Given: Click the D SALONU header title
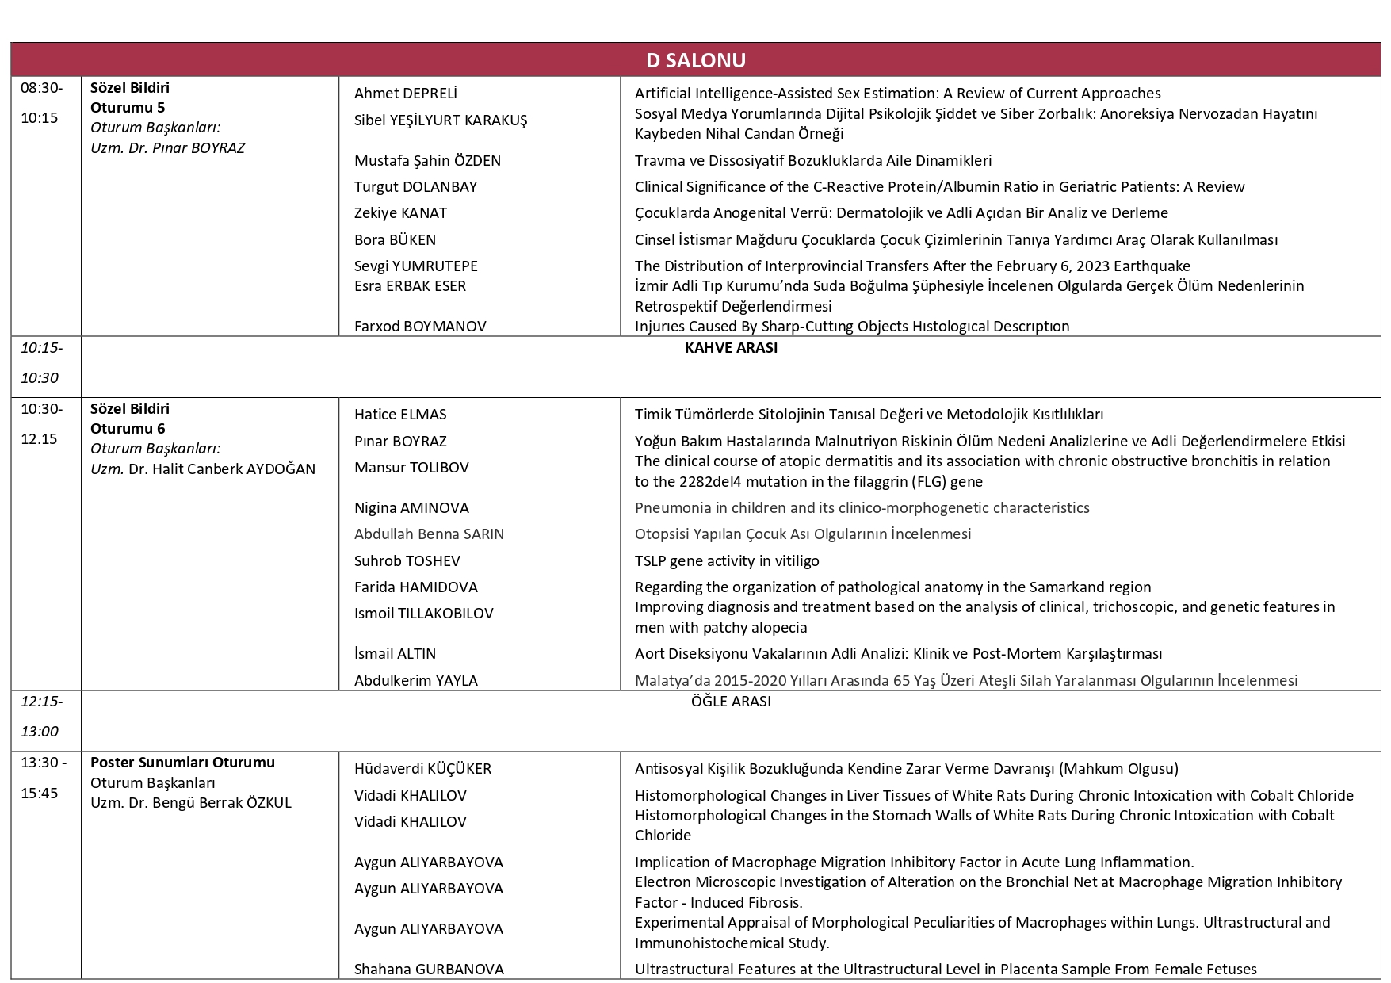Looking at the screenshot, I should [x=695, y=60].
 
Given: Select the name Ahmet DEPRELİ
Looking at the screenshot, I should [x=405, y=94].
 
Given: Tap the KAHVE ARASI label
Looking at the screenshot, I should [x=731, y=348].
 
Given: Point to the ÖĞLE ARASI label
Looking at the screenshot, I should [x=731, y=702].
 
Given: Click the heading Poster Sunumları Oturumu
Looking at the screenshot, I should [x=182, y=763].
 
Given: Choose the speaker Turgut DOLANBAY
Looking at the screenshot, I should [x=415, y=187].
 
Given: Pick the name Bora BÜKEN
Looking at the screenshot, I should [x=395, y=240].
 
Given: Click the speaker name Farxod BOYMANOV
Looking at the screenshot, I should [x=420, y=327].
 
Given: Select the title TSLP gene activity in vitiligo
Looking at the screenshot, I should [x=727, y=561].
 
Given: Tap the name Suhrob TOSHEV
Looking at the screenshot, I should [x=407, y=561].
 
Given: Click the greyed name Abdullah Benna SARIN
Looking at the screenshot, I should [x=429, y=534].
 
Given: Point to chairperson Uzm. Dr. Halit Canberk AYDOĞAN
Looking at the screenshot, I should [x=203, y=469].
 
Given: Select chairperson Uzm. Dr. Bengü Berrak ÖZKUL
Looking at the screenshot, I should [x=191, y=803].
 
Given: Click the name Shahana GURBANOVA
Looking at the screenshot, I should [x=429, y=970].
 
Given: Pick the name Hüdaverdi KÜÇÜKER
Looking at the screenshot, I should [x=422, y=769].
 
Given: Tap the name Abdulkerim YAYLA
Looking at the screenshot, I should [x=415, y=681].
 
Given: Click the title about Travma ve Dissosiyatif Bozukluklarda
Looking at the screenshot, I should [x=813, y=161].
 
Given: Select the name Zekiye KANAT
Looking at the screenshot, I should [x=400, y=213].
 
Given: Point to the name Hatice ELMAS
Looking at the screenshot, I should [x=400, y=415].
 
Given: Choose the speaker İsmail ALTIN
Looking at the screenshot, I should [x=395, y=654].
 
